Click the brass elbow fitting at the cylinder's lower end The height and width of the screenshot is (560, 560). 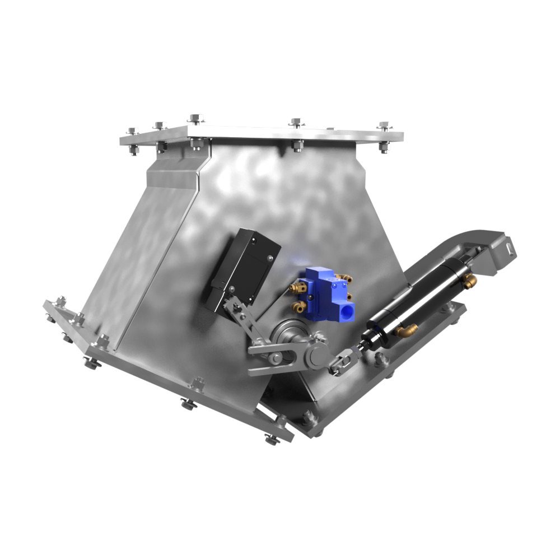coord(405,331)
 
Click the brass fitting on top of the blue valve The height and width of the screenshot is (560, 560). coord(346,277)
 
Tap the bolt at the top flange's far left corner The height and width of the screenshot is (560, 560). coord(134,132)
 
